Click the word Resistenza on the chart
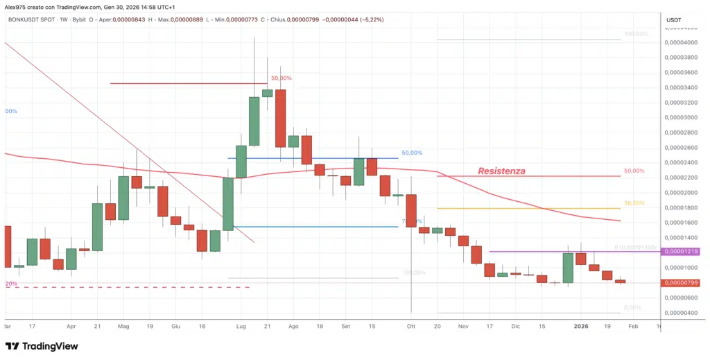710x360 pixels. click(501, 171)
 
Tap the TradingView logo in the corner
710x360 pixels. click(42, 346)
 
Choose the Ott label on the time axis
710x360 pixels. click(411, 325)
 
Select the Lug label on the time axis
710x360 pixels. click(241, 325)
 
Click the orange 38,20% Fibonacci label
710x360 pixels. click(634, 204)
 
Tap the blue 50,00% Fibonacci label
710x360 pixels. click(412, 153)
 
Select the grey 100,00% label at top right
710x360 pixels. click(636, 34)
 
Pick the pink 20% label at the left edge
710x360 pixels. click(10, 284)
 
